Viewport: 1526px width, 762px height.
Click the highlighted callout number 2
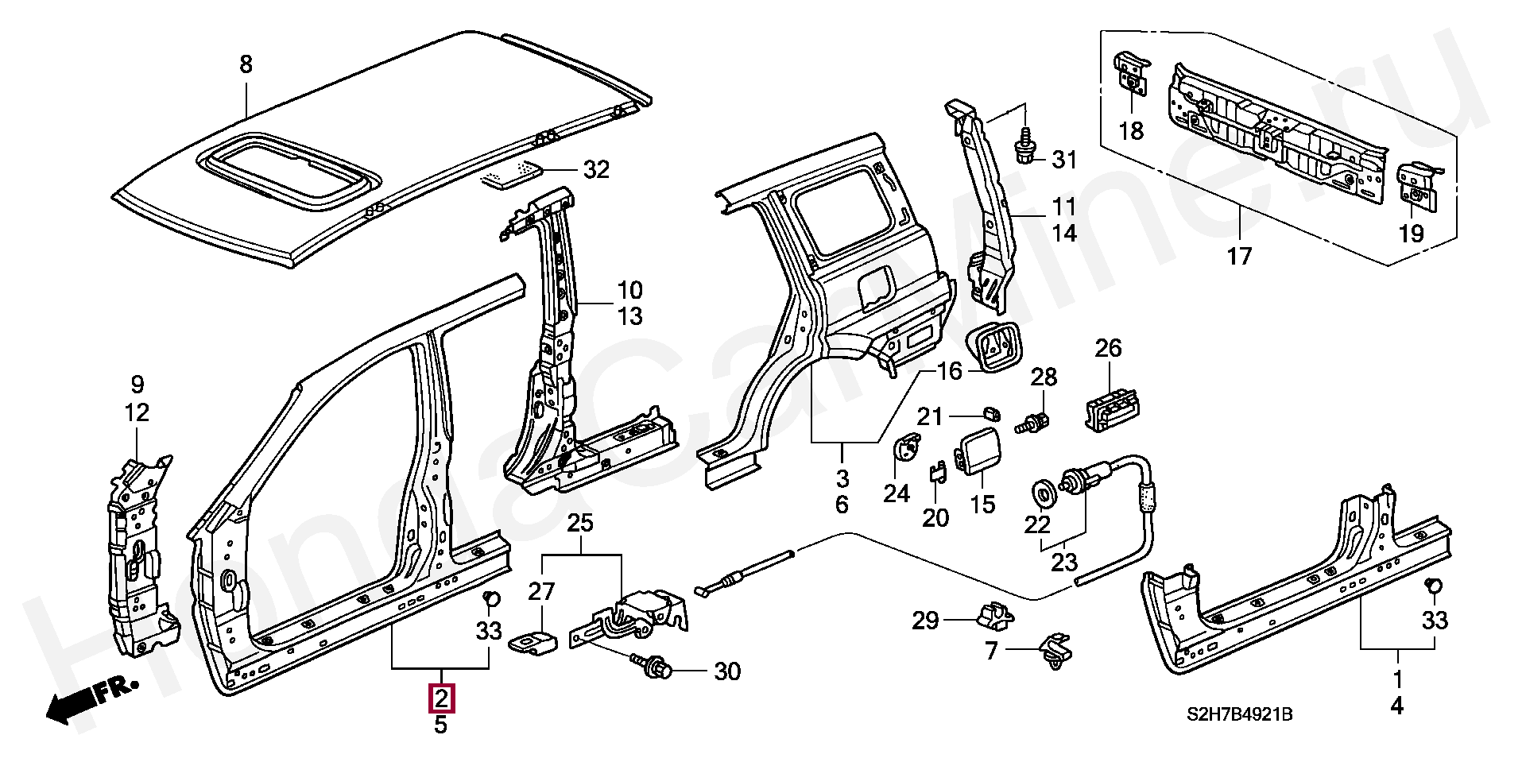[x=441, y=698]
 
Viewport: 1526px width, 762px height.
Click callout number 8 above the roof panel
[x=246, y=64]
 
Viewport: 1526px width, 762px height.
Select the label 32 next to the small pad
[x=596, y=169]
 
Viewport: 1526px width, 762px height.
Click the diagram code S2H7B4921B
[x=1240, y=715]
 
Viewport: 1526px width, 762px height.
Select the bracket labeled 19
[x=1417, y=188]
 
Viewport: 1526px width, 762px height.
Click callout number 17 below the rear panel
[x=1239, y=256]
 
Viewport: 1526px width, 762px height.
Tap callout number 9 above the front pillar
[x=137, y=385]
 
